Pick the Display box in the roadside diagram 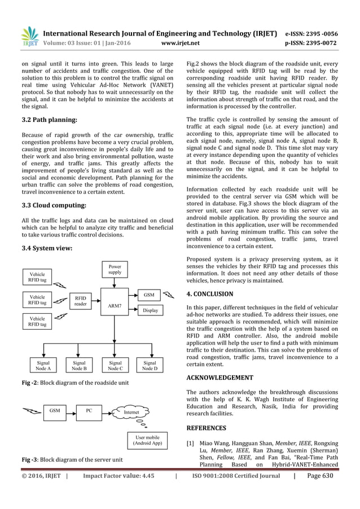pyautogui.click(x=150, y=310)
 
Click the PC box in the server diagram pyautogui.click(x=89, y=411)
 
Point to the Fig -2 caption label pyautogui.click(x=30, y=383)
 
